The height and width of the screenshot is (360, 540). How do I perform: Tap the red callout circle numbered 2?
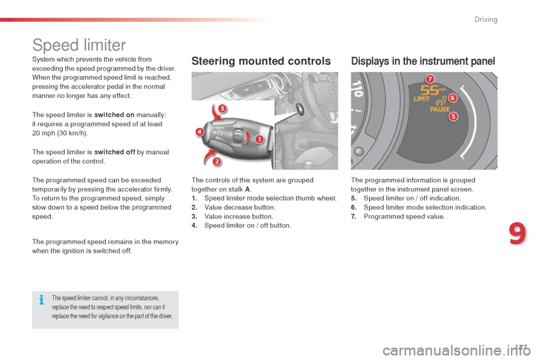point(217,162)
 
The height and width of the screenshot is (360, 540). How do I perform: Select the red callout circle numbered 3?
point(222,108)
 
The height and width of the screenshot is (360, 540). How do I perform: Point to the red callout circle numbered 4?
point(200,132)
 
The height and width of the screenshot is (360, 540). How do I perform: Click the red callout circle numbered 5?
point(453,116)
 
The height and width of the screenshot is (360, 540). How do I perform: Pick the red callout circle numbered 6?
point(452,98)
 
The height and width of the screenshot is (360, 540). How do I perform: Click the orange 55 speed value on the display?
point(430,90)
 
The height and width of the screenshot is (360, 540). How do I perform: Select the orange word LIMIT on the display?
point(423,98)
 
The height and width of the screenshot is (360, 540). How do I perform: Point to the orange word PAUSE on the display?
point(440,109)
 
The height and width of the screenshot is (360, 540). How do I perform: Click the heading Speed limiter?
point(79,44)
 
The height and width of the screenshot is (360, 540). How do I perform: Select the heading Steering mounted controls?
point(261,61)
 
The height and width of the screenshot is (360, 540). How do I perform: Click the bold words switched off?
point(115,152)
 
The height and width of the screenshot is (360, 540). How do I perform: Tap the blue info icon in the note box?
point(41,300)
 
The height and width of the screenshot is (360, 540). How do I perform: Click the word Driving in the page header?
point(485,20)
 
